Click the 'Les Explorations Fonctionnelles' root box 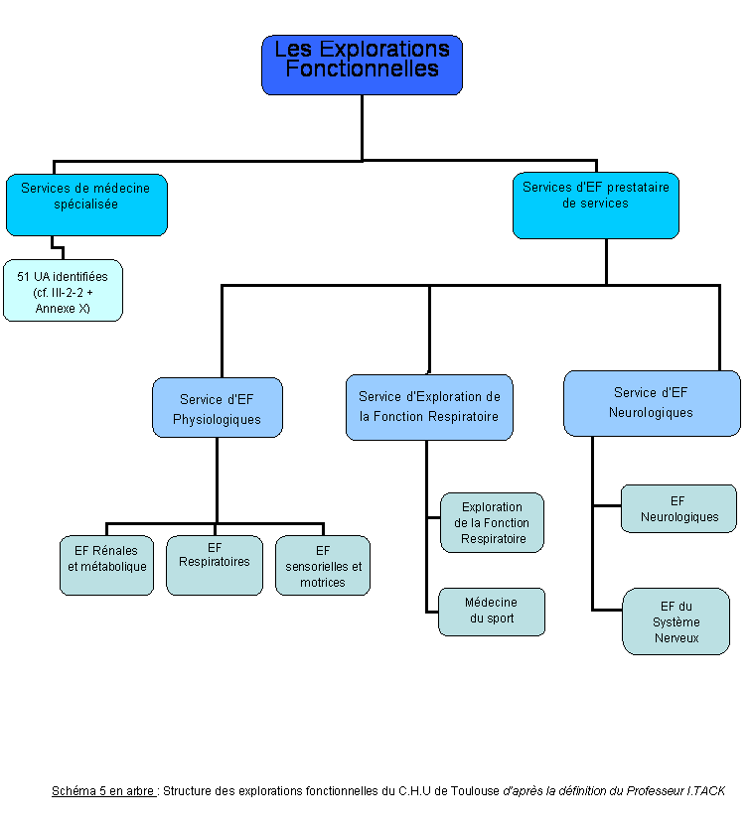tap(362, 66)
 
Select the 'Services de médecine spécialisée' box tap(86, 205)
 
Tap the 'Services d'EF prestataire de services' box tap(596, 206)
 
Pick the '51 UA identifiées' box tap(64, 290)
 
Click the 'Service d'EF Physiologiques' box tap(218, 407)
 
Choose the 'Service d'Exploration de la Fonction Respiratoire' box tap(429, 407)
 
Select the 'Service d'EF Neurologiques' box tap(652, 403)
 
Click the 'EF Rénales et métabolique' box tap(106, 566)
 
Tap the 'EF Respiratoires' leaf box tap(215, 566)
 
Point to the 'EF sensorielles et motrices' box tap(323, 566)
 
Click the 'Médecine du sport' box tap(492, 612)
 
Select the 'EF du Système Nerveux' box tap(676, 621)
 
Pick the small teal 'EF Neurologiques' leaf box tap(678, 508)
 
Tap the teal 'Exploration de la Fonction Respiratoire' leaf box tap(493, 522)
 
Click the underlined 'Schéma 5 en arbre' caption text tap(103, 791)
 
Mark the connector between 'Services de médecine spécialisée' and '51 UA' tap(58, 247)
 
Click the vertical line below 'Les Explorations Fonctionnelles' tap(362, 128)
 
